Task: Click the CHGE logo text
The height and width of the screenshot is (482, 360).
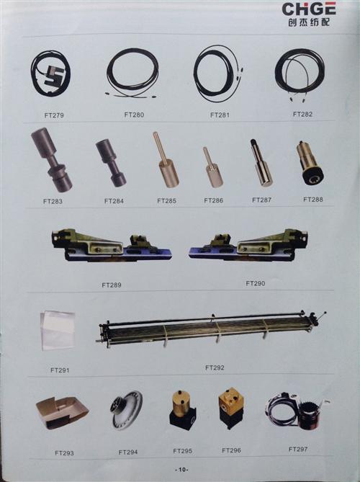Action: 309,9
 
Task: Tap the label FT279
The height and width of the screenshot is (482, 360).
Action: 54,115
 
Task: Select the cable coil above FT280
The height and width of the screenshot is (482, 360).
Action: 132,71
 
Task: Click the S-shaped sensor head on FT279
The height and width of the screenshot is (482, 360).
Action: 53,75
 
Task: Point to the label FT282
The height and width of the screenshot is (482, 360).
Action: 302,114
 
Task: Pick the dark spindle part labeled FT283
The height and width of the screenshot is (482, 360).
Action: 52,160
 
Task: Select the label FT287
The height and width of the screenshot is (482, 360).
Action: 261,200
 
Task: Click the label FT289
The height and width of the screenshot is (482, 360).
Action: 112,285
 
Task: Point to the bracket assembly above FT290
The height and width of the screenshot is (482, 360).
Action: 248,246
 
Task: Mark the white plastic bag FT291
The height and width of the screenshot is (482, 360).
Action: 58,331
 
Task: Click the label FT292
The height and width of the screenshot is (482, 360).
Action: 215,367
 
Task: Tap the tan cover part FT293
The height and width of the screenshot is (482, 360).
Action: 62,413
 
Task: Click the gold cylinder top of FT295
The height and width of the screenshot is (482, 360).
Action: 181,401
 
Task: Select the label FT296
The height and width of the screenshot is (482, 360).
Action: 232,450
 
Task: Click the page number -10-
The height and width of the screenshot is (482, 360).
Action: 181,470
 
